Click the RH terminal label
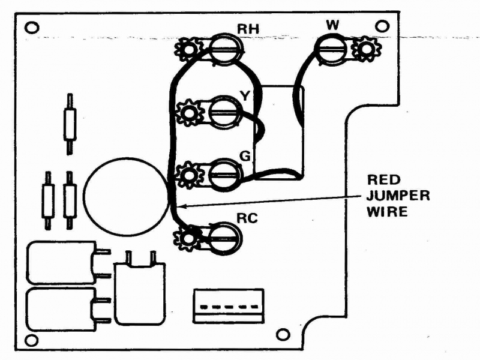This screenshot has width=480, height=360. click(248, 29)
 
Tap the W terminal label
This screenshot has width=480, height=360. click(332, 25)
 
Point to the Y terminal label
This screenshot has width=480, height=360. click(245, 96)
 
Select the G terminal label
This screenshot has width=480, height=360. click(245, 156)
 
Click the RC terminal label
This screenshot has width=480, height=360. click(247, 218)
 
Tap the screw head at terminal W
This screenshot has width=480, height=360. click(332, 49)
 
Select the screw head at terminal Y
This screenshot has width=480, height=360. click(225, 112)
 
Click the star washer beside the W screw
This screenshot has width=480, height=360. click(365, 49)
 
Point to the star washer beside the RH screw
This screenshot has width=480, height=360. click(188, 49)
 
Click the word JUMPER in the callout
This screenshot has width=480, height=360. click(398, 196)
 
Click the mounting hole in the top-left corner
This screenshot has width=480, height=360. click(32, 28)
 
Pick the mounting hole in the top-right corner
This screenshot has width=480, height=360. click(382, 26)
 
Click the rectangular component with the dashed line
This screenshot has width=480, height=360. click(229, 305)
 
